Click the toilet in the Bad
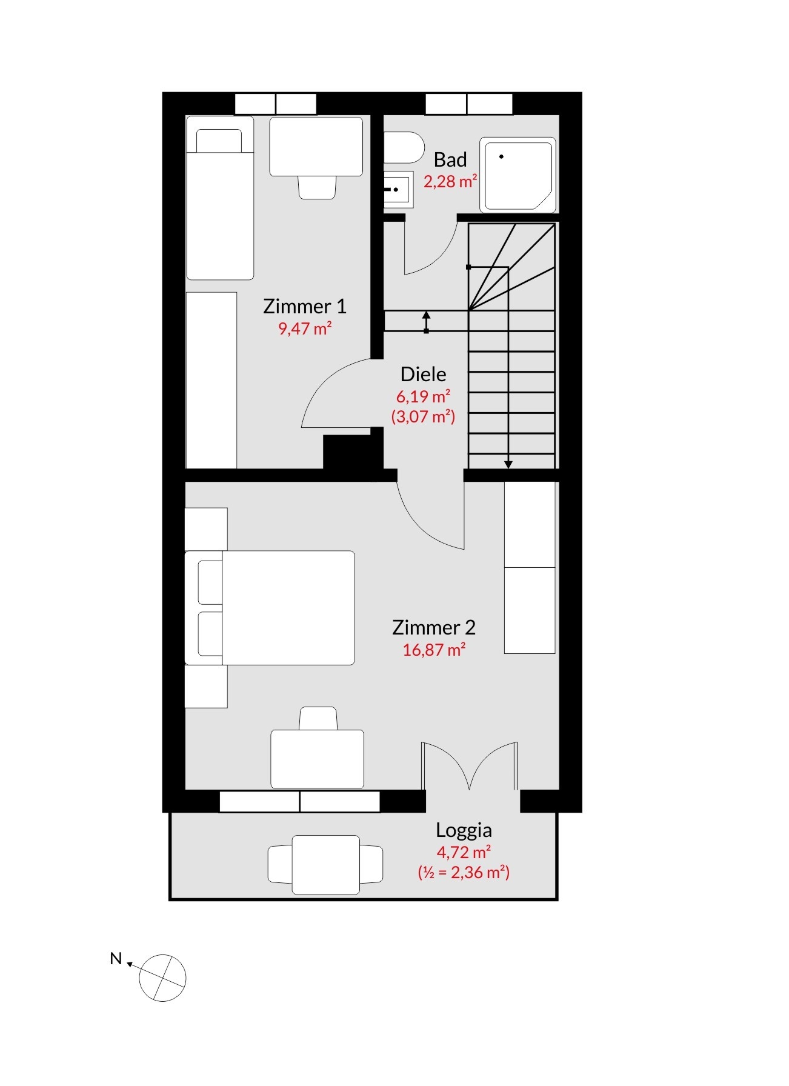(404, 147)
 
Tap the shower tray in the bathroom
(518, 175)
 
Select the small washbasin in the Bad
(398, 190)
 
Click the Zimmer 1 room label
(305, 306)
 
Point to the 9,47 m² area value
(305, 328)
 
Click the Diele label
(424, 374)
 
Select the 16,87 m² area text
(434, 650)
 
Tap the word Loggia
(464, 830)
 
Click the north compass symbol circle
(162, 978)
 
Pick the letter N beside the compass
(116, 959)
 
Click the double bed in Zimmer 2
(270, 608)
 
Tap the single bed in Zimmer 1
(220, 198)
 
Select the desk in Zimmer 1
(316, 147)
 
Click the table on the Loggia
(326, 865)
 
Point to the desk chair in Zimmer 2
(318, 719)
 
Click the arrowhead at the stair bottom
(508, 464)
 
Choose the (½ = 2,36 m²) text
(464, 872)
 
